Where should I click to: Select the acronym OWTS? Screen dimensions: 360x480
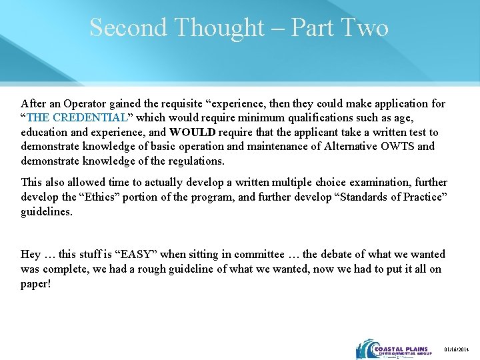pos(399,147)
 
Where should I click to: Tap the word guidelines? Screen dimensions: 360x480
pos(45,211)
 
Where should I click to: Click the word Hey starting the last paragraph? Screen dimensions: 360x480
pos(31,255)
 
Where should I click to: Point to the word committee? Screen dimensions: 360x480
pos(260,255)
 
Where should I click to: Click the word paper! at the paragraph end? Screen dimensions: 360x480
pos(36,283)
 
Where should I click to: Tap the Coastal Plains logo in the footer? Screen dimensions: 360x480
pos(394,349)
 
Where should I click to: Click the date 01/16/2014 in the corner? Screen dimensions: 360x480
pos(457,350)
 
